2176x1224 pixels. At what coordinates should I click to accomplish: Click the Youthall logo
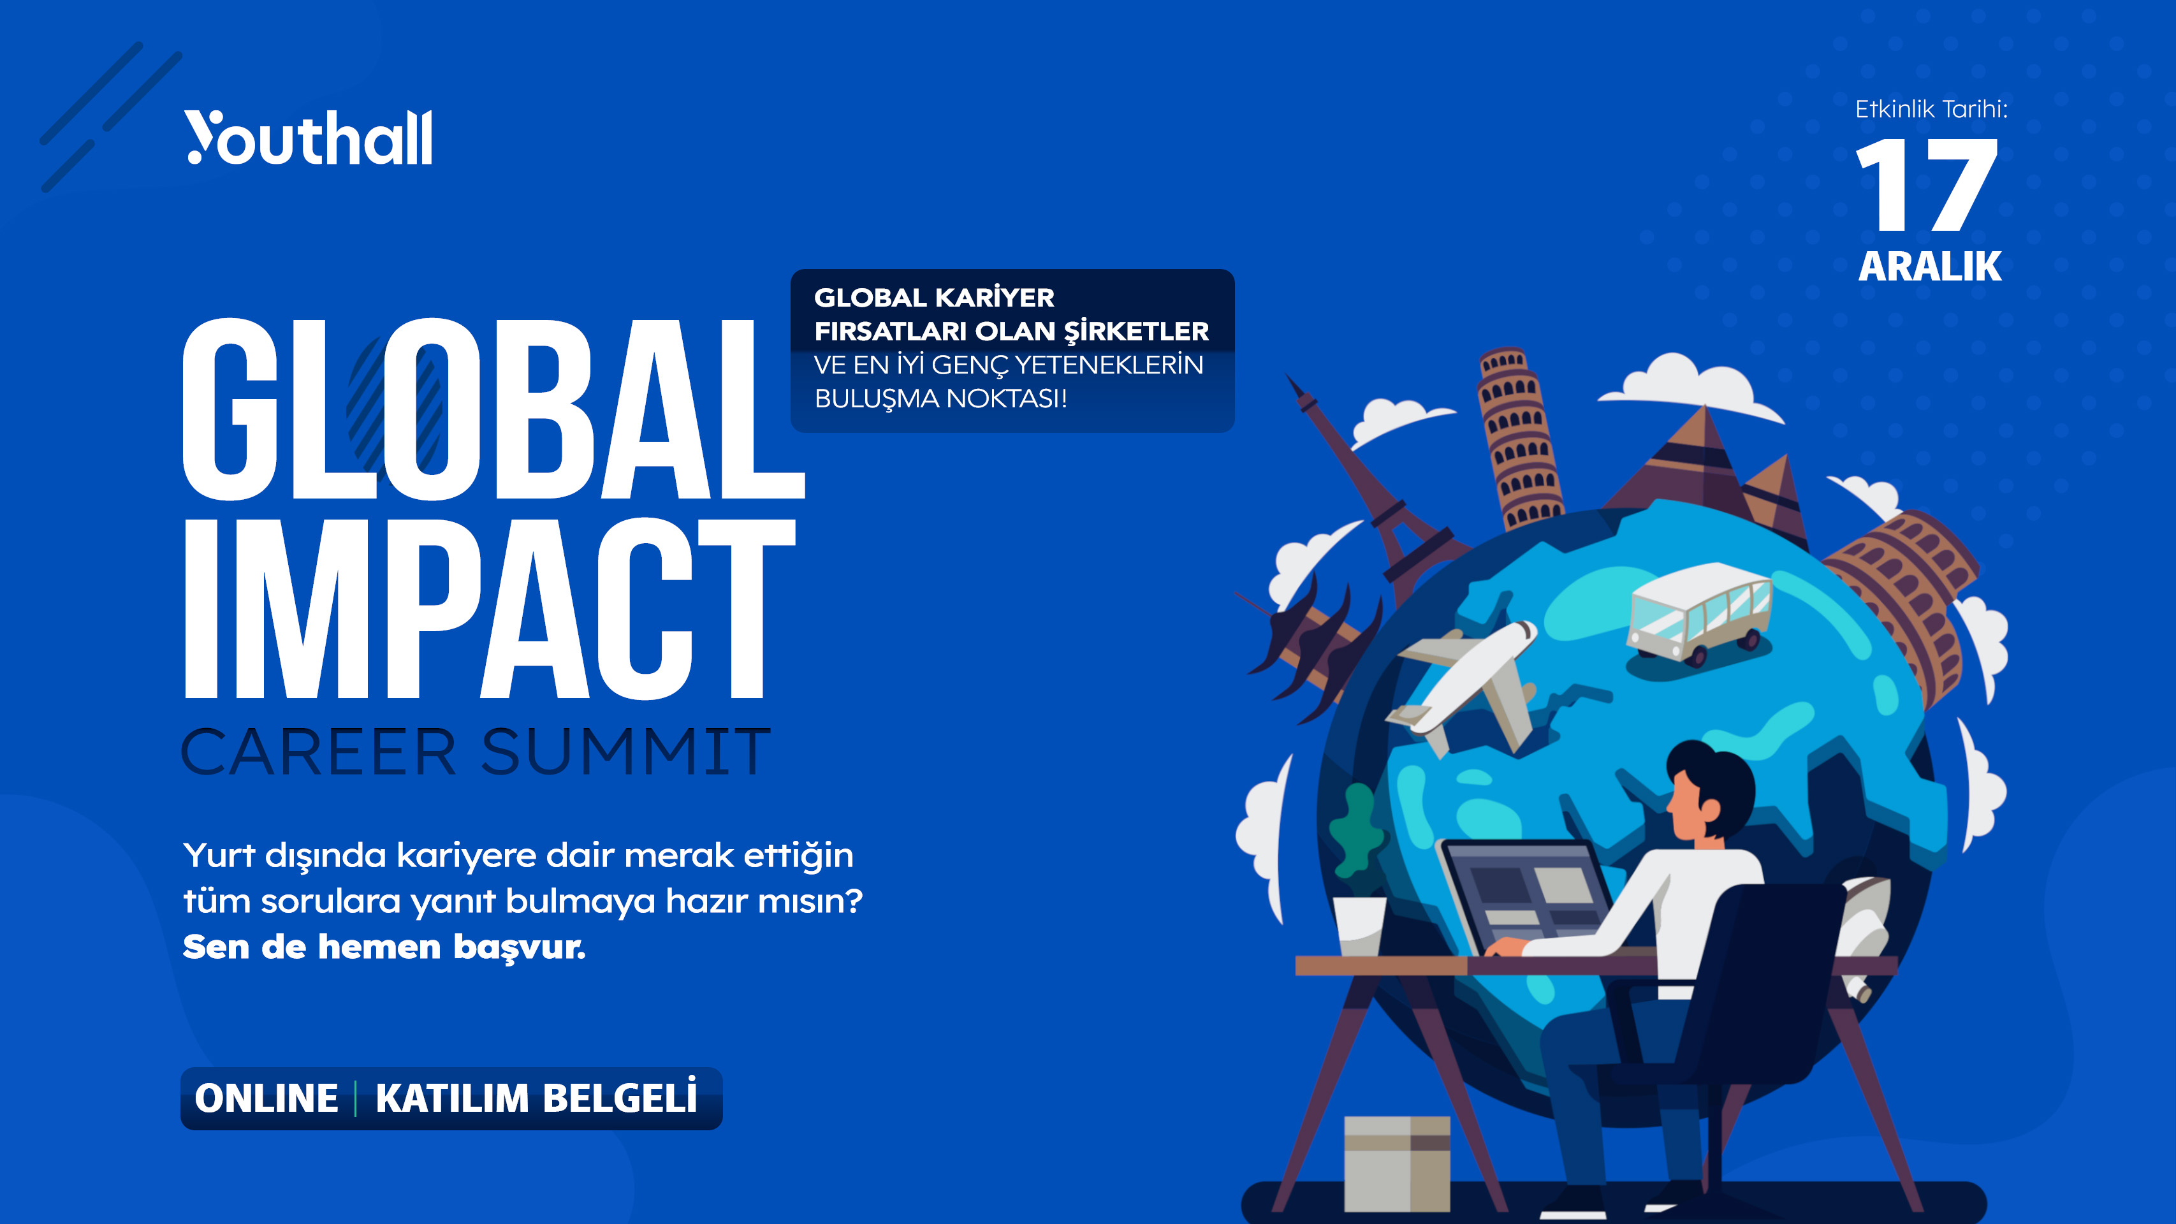pyautogui.click(x=309, y=137)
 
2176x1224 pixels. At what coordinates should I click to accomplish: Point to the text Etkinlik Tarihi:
pyautogui.click(x=1931, y=109)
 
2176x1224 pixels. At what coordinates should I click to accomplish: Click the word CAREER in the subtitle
pyautogui.click(x=319, y=751)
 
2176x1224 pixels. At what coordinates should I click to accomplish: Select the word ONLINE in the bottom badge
pyautogui.click(x=266, y=1098)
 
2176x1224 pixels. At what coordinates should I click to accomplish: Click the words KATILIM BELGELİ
pyautogui.click(x=536, y=1098)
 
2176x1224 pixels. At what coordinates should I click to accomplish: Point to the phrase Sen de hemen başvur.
pyautogui.click(x=384, y=947)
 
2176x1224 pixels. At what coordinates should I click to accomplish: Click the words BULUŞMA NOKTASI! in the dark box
pyautogui.click(x=940, y=398)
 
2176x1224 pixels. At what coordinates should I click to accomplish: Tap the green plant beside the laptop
pyautogui.click(x=1357, y=831)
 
